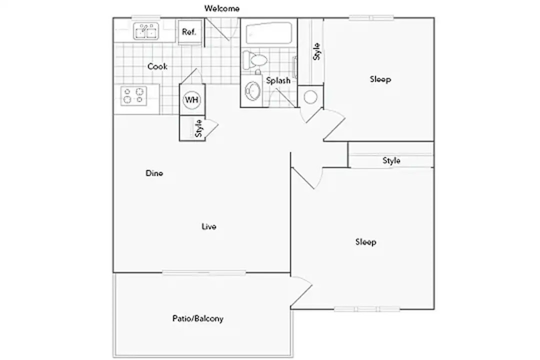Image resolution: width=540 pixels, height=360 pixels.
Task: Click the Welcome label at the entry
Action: [x=222, y=8]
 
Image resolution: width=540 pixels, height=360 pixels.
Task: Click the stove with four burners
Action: [x=133, y=96]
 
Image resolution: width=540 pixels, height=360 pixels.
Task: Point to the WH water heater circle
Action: [x=192, y=100]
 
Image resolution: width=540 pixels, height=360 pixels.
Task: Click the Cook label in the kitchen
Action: [x=157, y=66]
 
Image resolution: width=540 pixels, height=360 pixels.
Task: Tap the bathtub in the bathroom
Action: [x=269, y=33]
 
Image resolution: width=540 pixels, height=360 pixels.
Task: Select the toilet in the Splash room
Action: [x=255, y=60]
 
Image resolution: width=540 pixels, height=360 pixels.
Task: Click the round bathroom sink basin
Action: [x=252, y=91]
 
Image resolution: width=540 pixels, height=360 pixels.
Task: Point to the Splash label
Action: [x=278, y=80]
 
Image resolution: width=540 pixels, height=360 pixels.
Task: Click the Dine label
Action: [x=154, y=173]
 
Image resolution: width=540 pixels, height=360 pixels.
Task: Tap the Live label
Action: [x=209, y=226]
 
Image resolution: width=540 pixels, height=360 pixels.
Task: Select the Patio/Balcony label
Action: [x=198, y=318]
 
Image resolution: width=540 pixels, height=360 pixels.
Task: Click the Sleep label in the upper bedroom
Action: [x=380, y=79]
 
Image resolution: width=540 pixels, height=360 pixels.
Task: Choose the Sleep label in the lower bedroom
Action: [x=365, y=242]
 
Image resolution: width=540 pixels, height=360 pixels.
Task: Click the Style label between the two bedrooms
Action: [x=391, y=160]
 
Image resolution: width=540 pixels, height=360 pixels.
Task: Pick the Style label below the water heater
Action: [x=198, y=128]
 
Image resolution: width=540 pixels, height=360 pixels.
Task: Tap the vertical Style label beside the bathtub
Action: [x=317, y=51]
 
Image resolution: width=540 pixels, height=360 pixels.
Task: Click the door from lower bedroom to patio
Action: [x=301, y=291]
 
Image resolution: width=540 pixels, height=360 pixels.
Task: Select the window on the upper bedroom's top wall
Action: [x=371, y=17]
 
